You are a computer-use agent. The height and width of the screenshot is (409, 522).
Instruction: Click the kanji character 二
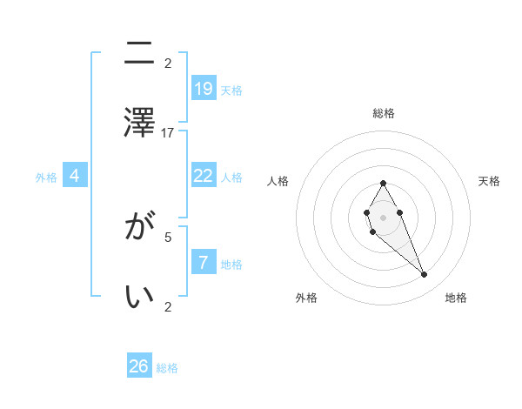click(x=140, y=54)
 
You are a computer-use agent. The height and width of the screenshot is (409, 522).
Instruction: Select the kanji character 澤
click(x=140, y=121)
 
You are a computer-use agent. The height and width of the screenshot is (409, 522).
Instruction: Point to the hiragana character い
click(x=140, y=297)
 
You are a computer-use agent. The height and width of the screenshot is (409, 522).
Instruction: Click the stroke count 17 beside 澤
click(x=168, y=132)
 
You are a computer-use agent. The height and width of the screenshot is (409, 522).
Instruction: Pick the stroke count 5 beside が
click(x=168, y=236)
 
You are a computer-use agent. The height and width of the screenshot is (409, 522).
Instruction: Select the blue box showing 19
click(x=204, y=88)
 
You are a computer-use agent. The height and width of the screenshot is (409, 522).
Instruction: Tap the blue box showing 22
click(x=204, y=176)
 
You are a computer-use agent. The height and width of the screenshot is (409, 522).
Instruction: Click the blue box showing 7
click(x=204, y=263)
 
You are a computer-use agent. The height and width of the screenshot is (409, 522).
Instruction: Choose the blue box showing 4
click(x=75, y=176)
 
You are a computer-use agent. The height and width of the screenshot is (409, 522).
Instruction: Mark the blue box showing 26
click(x=139, y=366)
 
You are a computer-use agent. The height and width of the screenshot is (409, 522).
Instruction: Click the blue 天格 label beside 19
click(x=231, y=90)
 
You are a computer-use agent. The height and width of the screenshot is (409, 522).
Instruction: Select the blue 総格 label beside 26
click(x=167, y=368)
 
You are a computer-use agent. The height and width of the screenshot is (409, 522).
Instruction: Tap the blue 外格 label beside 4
click(x=46, y=178)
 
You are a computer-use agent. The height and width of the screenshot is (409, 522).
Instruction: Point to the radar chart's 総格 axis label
click(x=383, y=113)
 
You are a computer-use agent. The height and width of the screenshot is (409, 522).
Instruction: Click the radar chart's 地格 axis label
click(x=456, y=298)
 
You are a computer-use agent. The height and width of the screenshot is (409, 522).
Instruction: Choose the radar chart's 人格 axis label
click(x=278, y=181)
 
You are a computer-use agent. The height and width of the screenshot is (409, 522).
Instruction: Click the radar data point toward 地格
click(x=425, y=275)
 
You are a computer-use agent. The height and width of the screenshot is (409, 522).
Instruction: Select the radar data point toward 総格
click(x=383, y=183)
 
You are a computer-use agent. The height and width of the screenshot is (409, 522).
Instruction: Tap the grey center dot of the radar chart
click(x=383, y=216)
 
